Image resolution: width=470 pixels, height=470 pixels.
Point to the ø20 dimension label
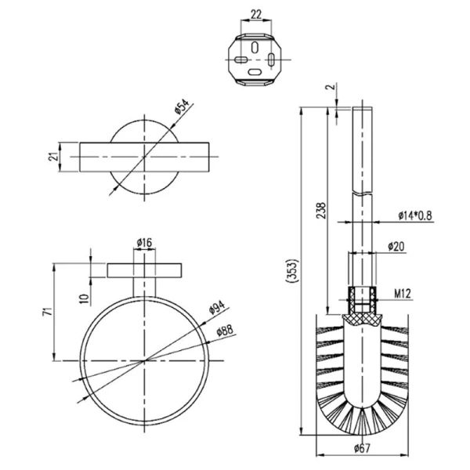click(x=396, y=247)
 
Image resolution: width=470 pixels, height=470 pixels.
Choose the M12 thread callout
click(x=403, y=294)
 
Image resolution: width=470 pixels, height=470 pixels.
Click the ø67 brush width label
click(x=362, y=448)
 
